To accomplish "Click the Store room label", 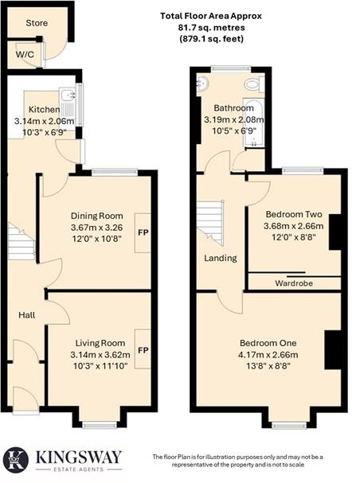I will tap(35, 23).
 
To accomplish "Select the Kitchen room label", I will tap(43, 109).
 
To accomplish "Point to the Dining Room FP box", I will tap(143, 233).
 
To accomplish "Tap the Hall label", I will tap(27, 316).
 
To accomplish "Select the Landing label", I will tap(219, 258).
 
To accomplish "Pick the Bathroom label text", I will tap(233, 107).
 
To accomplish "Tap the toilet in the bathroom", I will tap(252, 84).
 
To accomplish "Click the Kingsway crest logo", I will tap(16, 459).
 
